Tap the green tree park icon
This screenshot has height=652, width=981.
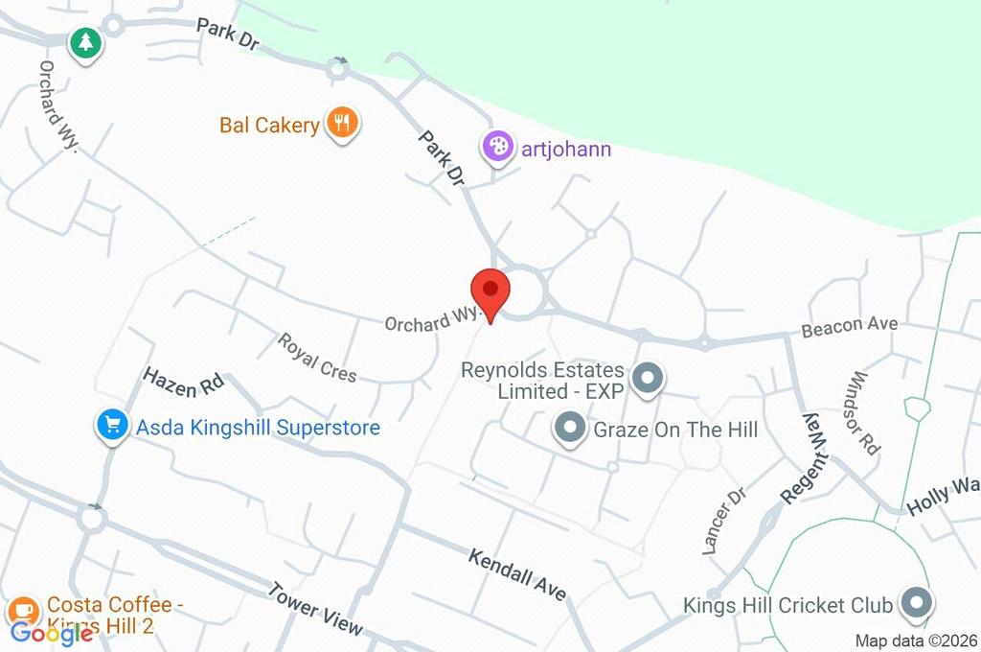[x=85, y=42]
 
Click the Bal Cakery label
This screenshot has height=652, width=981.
[x=269, y=126]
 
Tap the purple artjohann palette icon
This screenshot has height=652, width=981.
[x=496, y=147]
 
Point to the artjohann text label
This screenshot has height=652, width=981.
[x=565, y=150]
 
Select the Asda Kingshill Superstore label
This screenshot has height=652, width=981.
[x=258, y=428]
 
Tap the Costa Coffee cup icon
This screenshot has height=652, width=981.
[x=23, y=611]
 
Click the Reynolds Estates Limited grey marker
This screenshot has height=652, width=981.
[x=649, y=378]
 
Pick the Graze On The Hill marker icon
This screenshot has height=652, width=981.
[x=571, y=428]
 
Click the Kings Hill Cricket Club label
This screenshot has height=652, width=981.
[x=788, y=606]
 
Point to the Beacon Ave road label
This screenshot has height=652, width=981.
[x=850, y=326]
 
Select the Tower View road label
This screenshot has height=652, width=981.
[x=315, y=609]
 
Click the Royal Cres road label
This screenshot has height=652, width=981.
[x=317, y=357]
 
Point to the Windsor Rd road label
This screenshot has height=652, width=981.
[x=864, y=413]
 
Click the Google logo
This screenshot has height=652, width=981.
[x=51, y=633]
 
